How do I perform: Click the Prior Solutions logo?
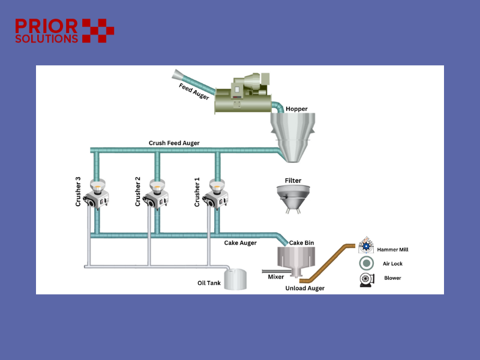(64, 31)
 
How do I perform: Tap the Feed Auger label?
(193, 92)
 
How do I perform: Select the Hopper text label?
(296, 109)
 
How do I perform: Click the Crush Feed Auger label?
(174, 143)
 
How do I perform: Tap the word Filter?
(293, 180)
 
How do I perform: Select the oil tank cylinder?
(236, 279)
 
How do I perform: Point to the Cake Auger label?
(241, 243)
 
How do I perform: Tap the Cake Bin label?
(302, 242)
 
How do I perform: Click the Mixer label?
(275, 277)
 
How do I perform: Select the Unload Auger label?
(305, 289)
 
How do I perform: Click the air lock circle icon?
(365, 263)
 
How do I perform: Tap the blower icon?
(365, 279)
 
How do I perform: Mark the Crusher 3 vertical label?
(78, 191)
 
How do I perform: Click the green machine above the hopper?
(242, 93)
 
